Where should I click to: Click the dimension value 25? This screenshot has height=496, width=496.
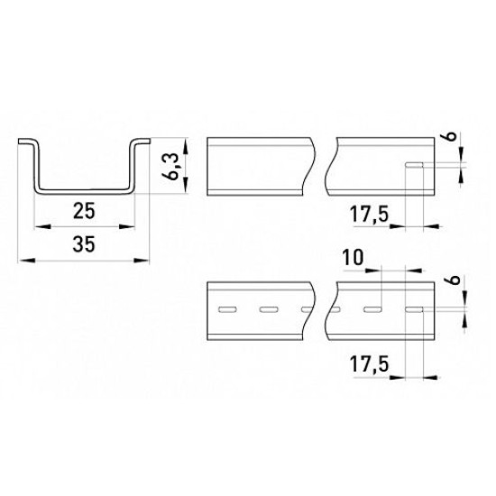point(84,211)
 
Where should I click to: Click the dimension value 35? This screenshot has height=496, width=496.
point(84,244)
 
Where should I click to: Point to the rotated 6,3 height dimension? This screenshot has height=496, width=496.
point(173,168)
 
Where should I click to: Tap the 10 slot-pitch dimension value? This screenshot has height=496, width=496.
point(354,258)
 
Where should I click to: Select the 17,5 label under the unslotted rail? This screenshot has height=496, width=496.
point(369,214)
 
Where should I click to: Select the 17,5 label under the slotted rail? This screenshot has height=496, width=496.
point(369,364)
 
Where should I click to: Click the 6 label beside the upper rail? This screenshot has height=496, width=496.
point(454,136)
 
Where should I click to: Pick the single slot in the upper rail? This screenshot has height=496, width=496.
point(415,165)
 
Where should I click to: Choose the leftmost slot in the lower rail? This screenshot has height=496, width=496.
point(228,309)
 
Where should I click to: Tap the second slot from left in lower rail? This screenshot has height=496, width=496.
point(269,309)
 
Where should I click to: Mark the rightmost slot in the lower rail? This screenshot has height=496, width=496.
point(415,309)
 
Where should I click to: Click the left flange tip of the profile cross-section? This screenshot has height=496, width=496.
point(20,142)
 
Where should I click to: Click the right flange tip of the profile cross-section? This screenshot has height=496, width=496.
point(149,141)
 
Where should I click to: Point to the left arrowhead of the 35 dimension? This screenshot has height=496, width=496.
point(26,261)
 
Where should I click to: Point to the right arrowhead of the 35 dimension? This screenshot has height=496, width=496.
point(141,261)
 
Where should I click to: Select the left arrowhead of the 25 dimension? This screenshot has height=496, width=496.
point(42,226)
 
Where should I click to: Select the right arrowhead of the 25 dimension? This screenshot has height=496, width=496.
point(127,226)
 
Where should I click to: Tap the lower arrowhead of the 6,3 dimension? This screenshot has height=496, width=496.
point(186,185)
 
